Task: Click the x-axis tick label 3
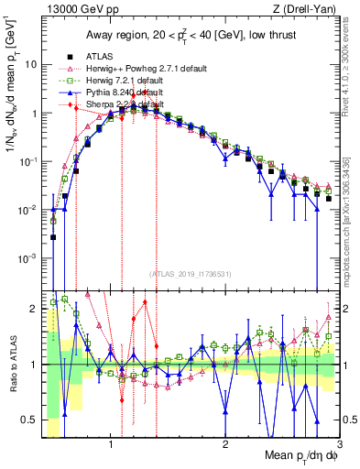[338, 445]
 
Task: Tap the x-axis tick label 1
[111, 445]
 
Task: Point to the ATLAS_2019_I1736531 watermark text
[191, 274]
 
